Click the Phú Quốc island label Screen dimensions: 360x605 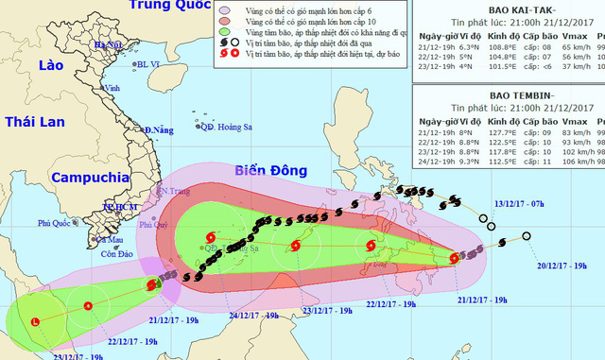click(x=56, y=224)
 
